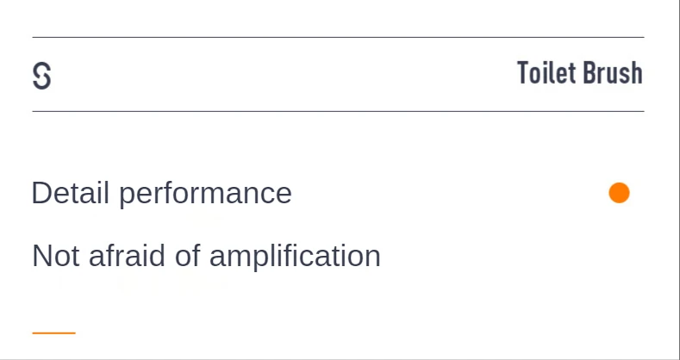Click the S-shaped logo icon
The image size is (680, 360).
[x=41, y=77]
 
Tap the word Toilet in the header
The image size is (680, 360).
[x=546, y=73]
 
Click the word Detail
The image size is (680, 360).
[x=71, y=193]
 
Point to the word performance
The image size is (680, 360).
[x=205, y=194]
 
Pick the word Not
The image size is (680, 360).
[x=52, y=256]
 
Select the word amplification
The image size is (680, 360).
[x=295, y=257]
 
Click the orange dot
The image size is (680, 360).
[x=619, y=193]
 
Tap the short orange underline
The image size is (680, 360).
[x=53, y=332]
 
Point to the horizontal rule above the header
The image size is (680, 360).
[x=338, y=37]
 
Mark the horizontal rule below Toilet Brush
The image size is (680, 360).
[x=338, y=111]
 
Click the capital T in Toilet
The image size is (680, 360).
[x=523, y=73]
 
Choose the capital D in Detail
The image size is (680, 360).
[x=41, y=193]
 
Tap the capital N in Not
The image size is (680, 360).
[x=41, y=256]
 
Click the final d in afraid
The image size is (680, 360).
[x=156, y=256]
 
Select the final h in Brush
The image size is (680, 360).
[x=636, y=73]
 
